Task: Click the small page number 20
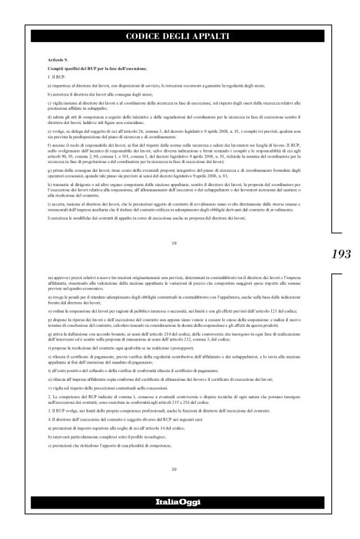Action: tap(174, 469)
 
